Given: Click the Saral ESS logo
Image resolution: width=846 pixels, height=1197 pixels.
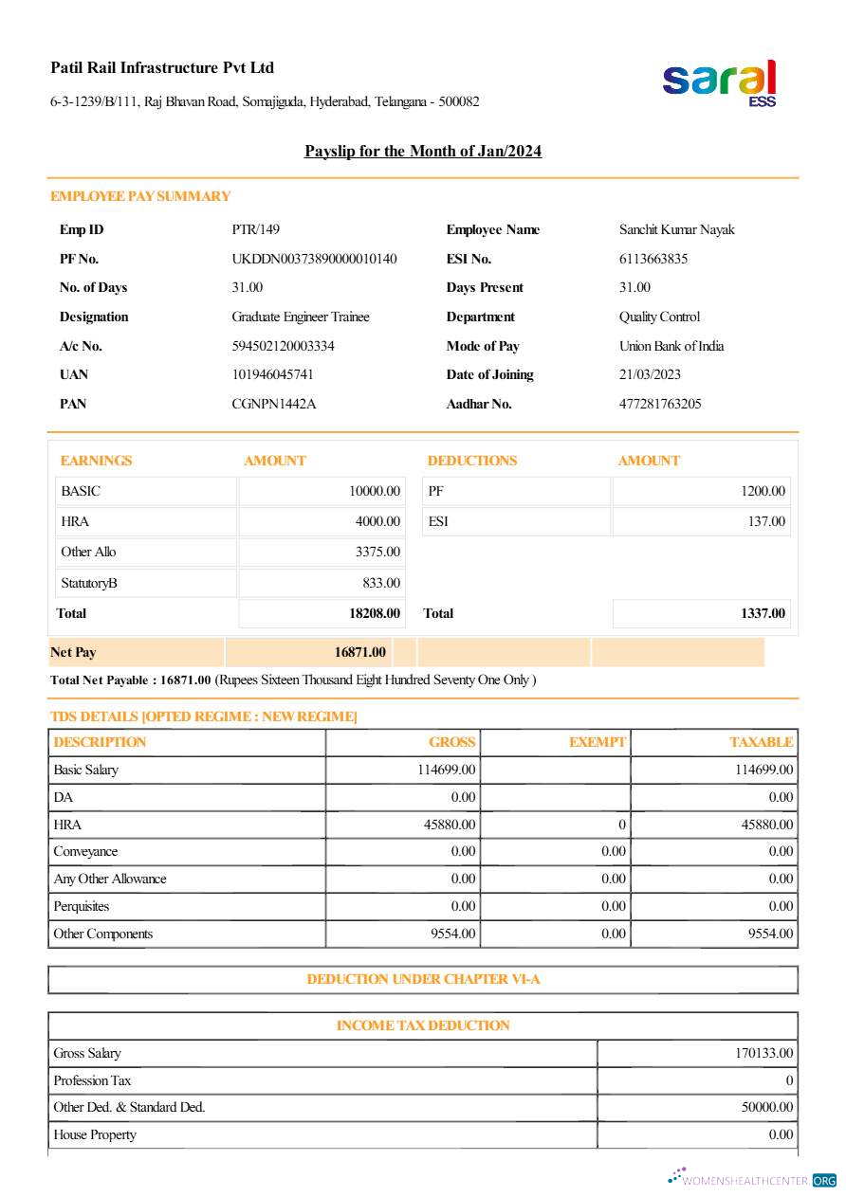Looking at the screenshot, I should (x=720, y=82).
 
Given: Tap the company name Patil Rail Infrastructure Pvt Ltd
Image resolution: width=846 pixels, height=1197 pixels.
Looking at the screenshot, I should (x=162, y=68).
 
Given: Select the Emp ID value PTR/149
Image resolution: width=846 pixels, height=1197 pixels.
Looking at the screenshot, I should (x=256, y=230).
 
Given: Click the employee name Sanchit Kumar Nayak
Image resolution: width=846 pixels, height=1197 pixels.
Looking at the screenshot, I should (x=677, y=230).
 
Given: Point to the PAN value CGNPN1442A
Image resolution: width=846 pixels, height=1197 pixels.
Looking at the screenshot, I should (x=274, y=405).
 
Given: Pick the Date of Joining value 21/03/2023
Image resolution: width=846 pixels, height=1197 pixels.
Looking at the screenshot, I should (x=651, y=375).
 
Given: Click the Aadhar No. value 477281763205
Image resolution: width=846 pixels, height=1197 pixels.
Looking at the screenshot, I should (x=660, y=405).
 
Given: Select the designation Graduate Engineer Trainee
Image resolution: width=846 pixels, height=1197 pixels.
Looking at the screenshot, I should (x=301, y=317).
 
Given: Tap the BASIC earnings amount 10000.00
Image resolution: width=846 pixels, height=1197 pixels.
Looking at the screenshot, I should (x=375, y=492).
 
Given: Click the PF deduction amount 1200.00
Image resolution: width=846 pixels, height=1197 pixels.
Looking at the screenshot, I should (x=763, y=492).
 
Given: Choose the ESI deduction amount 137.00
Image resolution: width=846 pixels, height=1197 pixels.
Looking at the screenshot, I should (x=766, y=522).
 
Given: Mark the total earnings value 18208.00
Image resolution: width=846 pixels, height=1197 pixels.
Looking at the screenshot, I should (x=375, y=614).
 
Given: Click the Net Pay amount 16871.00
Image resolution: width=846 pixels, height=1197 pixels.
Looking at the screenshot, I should (x=360, y=653).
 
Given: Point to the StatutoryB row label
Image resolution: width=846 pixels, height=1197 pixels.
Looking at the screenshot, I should (x=89, y=584).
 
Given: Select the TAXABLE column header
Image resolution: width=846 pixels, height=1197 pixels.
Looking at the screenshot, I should (x=762, y=743).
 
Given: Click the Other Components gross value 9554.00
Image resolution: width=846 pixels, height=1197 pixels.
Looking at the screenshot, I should (x=453, y=934).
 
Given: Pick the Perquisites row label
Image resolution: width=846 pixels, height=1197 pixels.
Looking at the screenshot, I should (x=82, y=907).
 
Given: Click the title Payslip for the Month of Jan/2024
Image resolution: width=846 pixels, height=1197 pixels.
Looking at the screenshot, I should (x=423, y=152).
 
